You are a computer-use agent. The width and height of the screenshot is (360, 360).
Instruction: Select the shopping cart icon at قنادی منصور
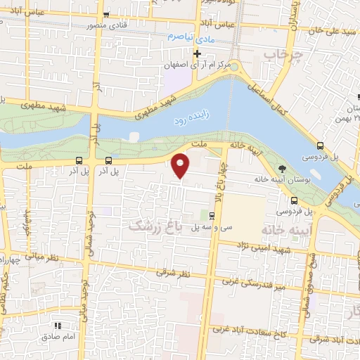click(x=105, y=15)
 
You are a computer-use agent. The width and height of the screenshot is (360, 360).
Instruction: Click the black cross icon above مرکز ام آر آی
click(x=198, y=53)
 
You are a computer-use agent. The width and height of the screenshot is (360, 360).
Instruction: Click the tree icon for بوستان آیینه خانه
click(x=282, y=169)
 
